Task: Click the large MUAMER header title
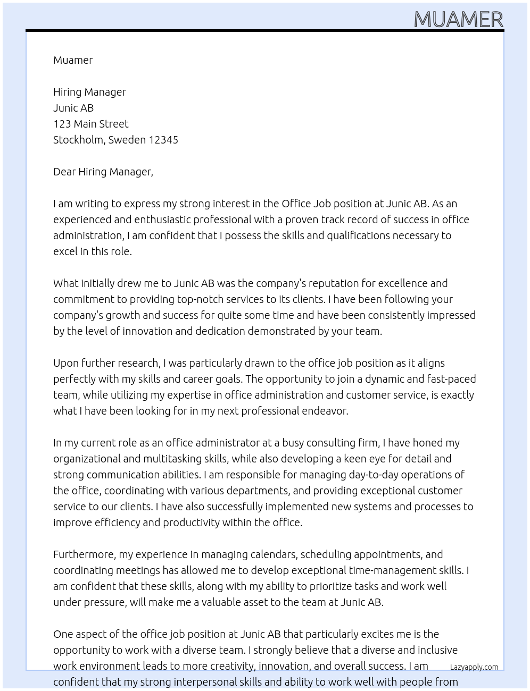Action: [x=458, y=19]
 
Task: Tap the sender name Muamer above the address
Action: [x=73, y=60]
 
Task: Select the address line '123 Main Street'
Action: [x=90, y=124]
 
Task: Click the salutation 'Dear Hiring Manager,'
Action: [x=103, y=172]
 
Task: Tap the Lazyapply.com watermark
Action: [x=474, y=667]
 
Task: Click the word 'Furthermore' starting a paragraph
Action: [x=85, y=554]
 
